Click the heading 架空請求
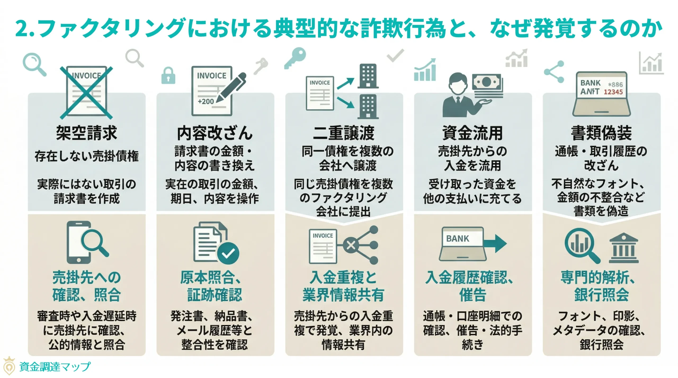(x=86, y=133)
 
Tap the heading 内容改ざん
(x=215, y=133)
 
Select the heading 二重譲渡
(x=344, y=133)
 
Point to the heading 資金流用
(x=472, y=133)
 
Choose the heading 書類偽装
(x=601, y=133)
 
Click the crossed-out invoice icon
(x=86, y=93)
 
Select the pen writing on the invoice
(x=232, y=87)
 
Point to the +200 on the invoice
(x=206, y=101)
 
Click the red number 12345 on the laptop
(x=613, y=92)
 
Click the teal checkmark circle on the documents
(x=228, y=253)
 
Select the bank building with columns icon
(x=624, y=248)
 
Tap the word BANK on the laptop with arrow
(x=457, y=239)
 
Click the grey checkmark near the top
(x=395, y=55)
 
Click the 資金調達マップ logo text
(x=55, y=367)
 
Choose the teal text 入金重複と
(x=344, y=277)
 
